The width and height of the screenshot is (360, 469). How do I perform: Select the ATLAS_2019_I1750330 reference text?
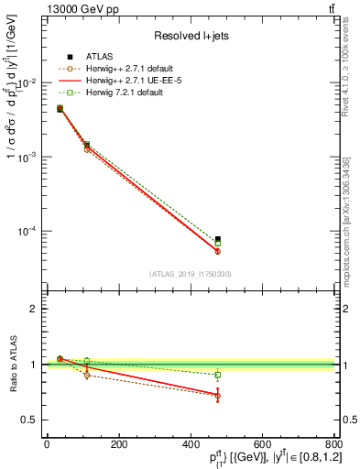click(190, 274)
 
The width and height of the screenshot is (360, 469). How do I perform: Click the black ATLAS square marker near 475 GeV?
click(217, 239)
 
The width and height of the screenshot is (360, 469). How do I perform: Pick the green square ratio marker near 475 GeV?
click(217, 375)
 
